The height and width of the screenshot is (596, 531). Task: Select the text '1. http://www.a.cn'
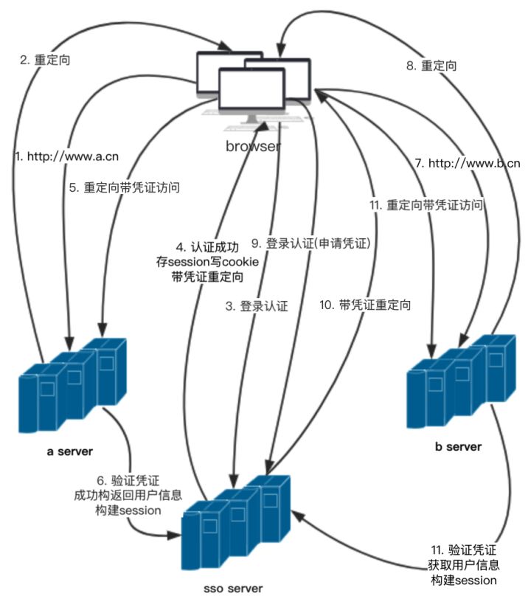[x=67, y=156]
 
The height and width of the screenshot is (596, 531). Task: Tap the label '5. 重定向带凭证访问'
[x=125, y=187]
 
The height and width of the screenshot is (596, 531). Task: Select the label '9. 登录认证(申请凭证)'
[x=310, y=242]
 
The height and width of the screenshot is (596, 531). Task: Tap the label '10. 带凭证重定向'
[x=364, y=304]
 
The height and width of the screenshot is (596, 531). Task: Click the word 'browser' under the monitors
[x=253, y=146]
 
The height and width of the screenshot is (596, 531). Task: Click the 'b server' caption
[x=458, y=446]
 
